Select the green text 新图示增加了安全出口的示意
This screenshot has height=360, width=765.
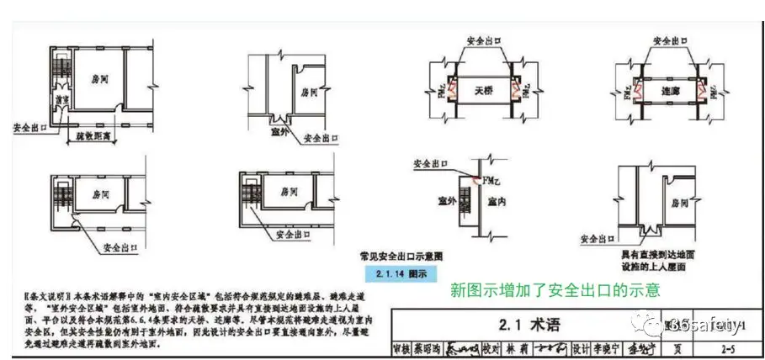coord(555,290)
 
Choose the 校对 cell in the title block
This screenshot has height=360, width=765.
coord(489,347)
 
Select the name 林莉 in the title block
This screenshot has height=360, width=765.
coord(518,347)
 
